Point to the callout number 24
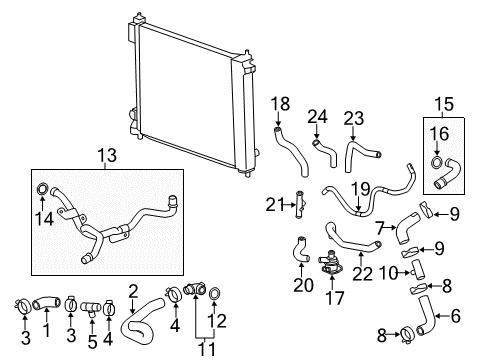[x=318, y=116]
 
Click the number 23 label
[x=355, y=116]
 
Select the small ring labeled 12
[x=221, y=294]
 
